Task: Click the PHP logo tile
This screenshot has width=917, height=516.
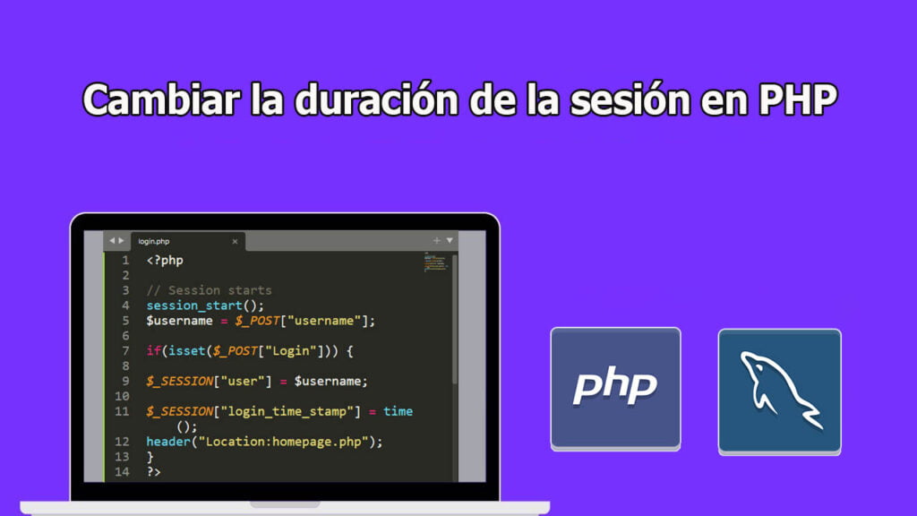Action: click(615, 387)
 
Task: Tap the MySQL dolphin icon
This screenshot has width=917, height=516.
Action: click(779, 391)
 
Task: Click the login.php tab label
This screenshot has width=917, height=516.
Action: click(154, 241)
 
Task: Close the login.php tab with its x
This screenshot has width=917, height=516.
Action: click(235, 241)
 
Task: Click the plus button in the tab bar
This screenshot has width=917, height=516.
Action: click(437, 240)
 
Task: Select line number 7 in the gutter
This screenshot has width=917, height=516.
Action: click(125, 351)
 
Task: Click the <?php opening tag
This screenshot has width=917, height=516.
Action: click(165, 261)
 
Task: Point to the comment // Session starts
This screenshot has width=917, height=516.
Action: click(209, 290)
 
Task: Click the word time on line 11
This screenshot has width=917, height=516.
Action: click(398, 411)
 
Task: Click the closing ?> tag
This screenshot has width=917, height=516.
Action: click(154, 471)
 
